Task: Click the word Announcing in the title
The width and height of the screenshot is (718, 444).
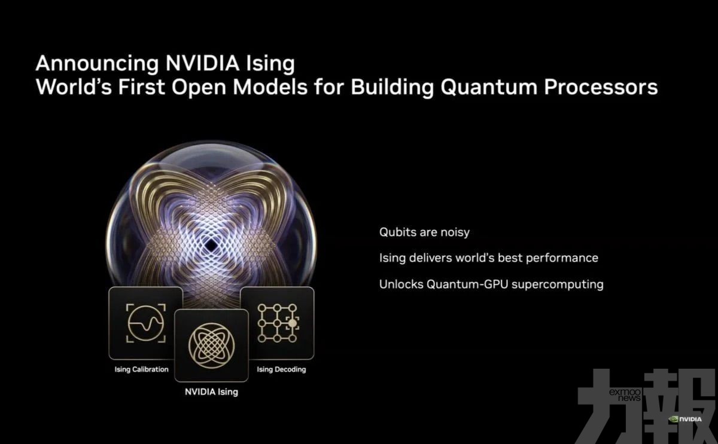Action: point(97,64)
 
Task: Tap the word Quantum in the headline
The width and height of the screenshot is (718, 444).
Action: point(489,87)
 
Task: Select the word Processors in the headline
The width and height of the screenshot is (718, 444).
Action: point(601,87)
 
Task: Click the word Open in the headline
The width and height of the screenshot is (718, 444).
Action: point(199,88)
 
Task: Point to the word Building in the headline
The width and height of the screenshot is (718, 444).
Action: point(393,87)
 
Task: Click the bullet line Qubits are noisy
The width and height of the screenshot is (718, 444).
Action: point(424,232)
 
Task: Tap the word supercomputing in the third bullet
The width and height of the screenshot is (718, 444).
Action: point(558,284)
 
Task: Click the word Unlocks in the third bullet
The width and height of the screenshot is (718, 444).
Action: point(401,284)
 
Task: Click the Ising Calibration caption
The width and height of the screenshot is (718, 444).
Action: point(141,369)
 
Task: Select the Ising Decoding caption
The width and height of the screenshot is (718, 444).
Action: point(281,369)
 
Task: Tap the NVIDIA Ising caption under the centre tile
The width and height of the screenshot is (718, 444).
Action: point(212,392)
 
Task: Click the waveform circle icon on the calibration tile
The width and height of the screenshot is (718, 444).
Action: point(146,323)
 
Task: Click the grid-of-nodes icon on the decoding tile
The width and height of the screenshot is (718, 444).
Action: point(278,323)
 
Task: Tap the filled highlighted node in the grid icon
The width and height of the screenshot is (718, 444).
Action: point(293,323)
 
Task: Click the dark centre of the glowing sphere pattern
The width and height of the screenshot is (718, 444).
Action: point(211,246)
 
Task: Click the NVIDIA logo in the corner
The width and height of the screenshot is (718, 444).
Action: point(685,419)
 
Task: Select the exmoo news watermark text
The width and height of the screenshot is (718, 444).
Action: point(625,395)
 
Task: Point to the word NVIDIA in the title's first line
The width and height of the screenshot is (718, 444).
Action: point(203,63)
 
